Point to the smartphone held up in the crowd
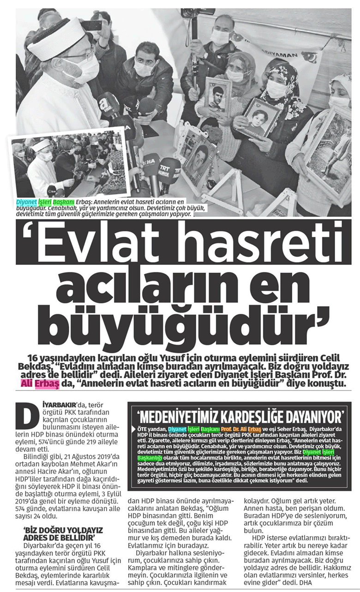point(91,26)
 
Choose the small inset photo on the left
point(69,168)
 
